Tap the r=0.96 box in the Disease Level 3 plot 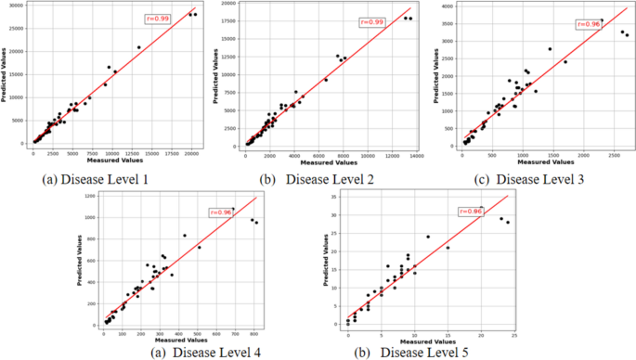click(588, 24)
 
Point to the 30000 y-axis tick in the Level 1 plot click(17, 6)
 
